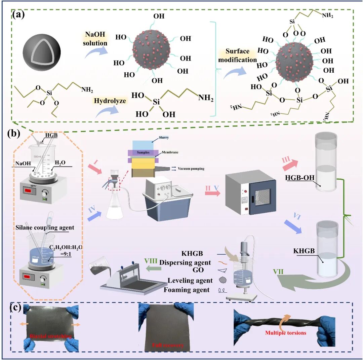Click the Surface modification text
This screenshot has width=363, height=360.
pos(238,56)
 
